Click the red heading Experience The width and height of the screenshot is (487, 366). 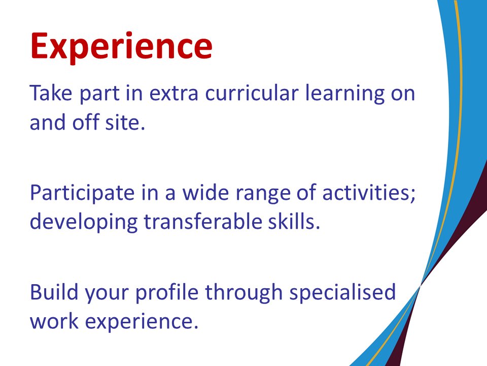(121, 47)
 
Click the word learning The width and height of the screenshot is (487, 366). (345, 94)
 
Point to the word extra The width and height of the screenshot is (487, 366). (173, 94)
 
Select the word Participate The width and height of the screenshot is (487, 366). (82, 194)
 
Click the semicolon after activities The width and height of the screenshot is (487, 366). (413, 195)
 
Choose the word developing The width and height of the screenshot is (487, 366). (84, 223)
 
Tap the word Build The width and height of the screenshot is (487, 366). (54, 292)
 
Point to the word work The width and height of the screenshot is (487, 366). (54, 321)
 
